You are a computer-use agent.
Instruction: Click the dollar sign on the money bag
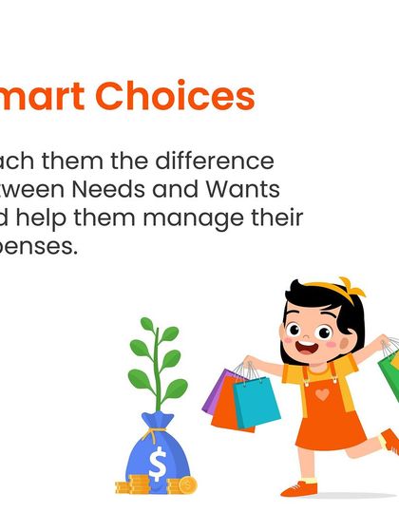[158, 465]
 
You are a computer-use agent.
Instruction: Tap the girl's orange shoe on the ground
[298, 488]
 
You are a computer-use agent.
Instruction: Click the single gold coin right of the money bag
[187, 485]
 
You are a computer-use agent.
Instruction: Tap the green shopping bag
[389, 366]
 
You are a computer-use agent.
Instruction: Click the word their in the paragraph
[275, 218]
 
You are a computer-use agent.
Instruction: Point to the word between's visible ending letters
[28, 190]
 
